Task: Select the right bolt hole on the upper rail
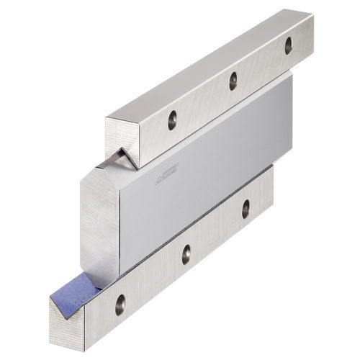pyautogui.click(x=288, y=45)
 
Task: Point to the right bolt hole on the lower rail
pyautogui.click(x=245, y=209)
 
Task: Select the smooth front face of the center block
pyautogui.click(x=194, y=180)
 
